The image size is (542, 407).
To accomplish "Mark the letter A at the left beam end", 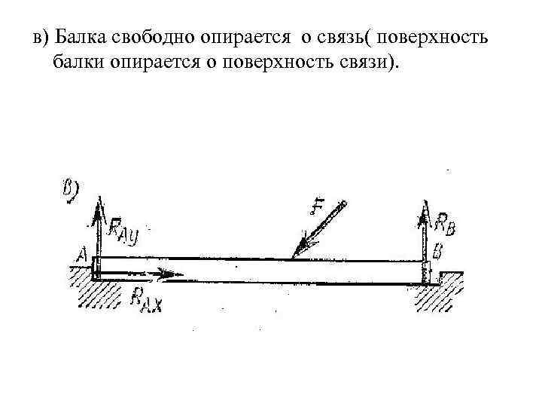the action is (81, 256).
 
